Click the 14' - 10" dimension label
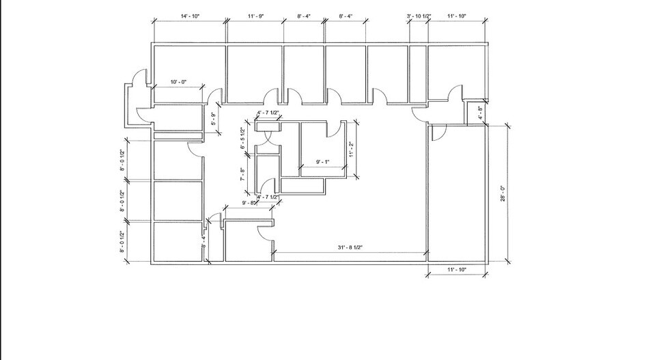pos(189,16)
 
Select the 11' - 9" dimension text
pos(255,16)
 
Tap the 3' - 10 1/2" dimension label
pos(418,16)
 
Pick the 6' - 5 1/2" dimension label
pos(242,137)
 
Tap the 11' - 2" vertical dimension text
pos(350,148)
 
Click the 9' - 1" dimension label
pos(323,162)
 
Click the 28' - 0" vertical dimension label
pos(502,194)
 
